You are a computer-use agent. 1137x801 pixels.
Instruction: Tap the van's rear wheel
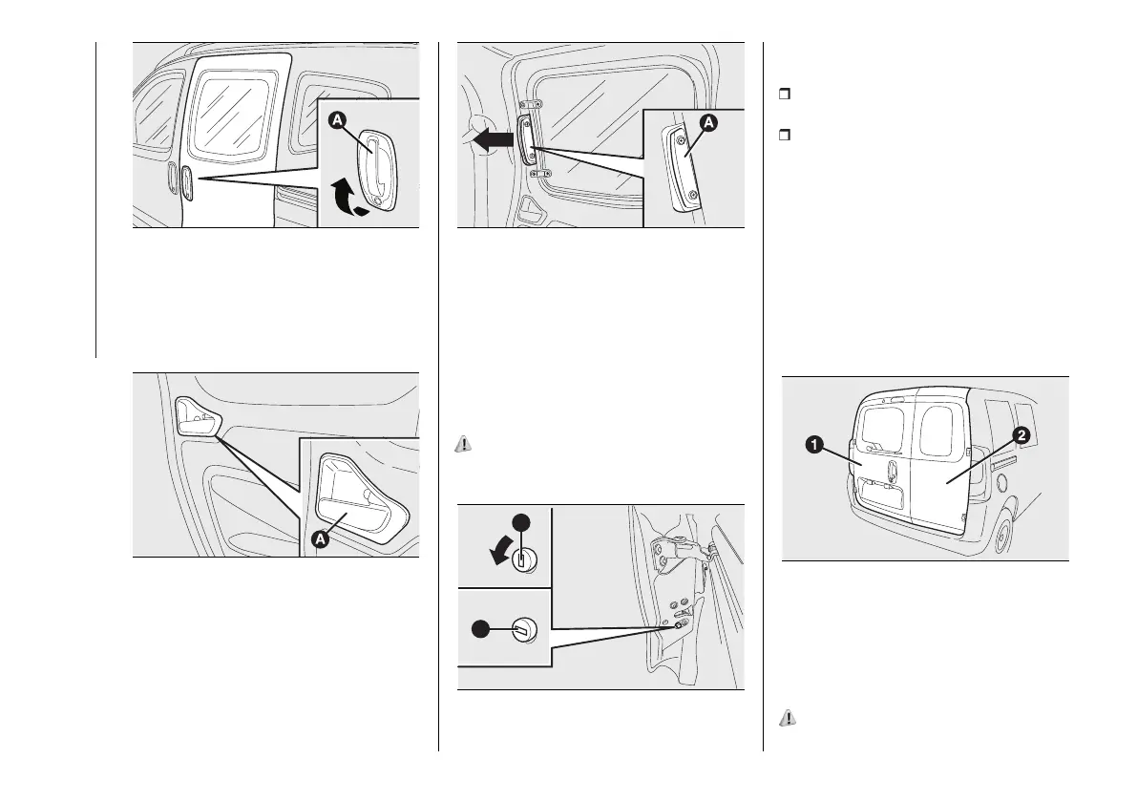(x=1001, y=537)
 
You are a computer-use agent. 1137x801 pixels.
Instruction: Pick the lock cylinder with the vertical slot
(x=521, y=559)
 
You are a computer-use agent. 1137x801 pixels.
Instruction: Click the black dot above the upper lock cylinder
(x=520, y=521)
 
